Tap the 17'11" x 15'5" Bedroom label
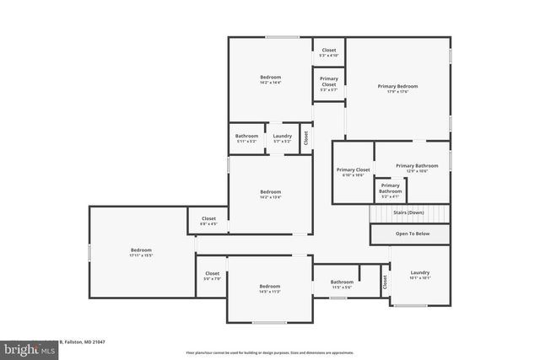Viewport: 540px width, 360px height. click(x=141, y=250)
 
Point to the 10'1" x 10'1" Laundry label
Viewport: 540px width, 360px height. click(x=420, y=273)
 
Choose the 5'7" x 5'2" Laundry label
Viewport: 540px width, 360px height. click(x=282, y=136)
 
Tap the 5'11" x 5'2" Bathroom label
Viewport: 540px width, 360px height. click(x=246, y=136)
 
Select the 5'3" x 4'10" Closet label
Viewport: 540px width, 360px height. click(x=328, y=51)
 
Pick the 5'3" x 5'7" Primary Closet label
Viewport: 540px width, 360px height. click(x=328, y=83)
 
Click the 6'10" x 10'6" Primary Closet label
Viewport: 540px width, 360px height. click(x=353, y=170)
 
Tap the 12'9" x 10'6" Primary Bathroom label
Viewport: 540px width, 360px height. click(x=417, y=166)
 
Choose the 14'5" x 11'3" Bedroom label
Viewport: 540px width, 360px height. click(x=269, y=287)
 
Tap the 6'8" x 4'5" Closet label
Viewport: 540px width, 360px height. click(x=208, y=219)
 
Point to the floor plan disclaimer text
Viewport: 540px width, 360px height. click(x=269, y=352)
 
